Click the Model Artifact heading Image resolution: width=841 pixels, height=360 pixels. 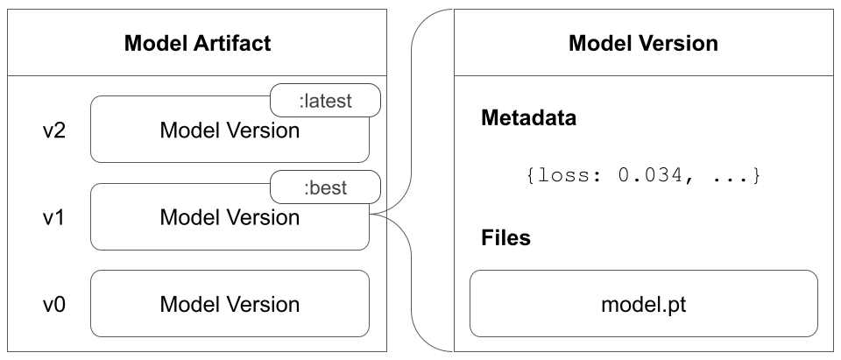pyautogui.click(x=196, y=43)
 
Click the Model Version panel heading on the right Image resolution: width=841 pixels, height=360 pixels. pyautogui.click(x=643, y=43)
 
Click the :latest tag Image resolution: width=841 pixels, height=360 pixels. pyautogui.click(x=325, y=101)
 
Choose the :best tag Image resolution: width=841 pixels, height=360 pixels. pyautogui.click(x=325, y=187)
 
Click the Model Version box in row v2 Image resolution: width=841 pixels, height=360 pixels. pyautogui.click(x=230, y=131)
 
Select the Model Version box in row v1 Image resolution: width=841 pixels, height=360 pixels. pyautogui.click(x=230, y=218)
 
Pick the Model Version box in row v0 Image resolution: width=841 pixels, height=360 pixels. pyautogui.click(x=230, y=305)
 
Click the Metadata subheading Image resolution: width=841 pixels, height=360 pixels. pyautogui.click(x=529, y=119)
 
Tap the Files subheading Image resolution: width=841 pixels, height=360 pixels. pyautogui.click(x=506, y=238)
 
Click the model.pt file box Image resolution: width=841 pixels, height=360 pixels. pyautogui.click(x=643, y=305)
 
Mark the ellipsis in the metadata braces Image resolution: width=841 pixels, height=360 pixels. pyautogui.click(x=730, y=176)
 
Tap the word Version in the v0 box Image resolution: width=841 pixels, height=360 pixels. pyautogui.click(x=263, y=305)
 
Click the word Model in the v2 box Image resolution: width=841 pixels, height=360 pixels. pyautogui.click(x=188, y=131)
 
